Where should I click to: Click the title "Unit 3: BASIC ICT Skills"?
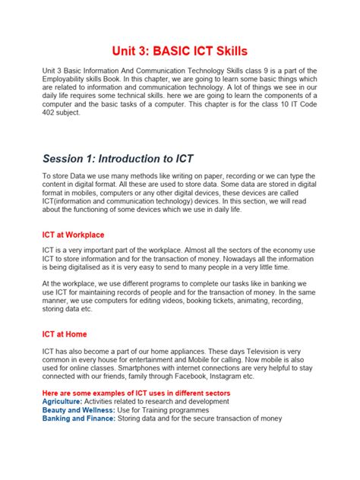coord(180,51)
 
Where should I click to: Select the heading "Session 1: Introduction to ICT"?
coord(118,159)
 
